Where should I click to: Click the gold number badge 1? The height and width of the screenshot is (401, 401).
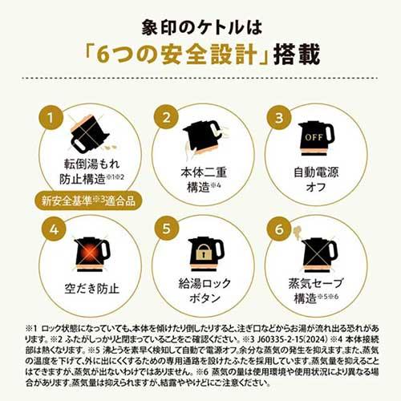(54, 117)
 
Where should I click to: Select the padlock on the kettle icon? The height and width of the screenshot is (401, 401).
(204, 251)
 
